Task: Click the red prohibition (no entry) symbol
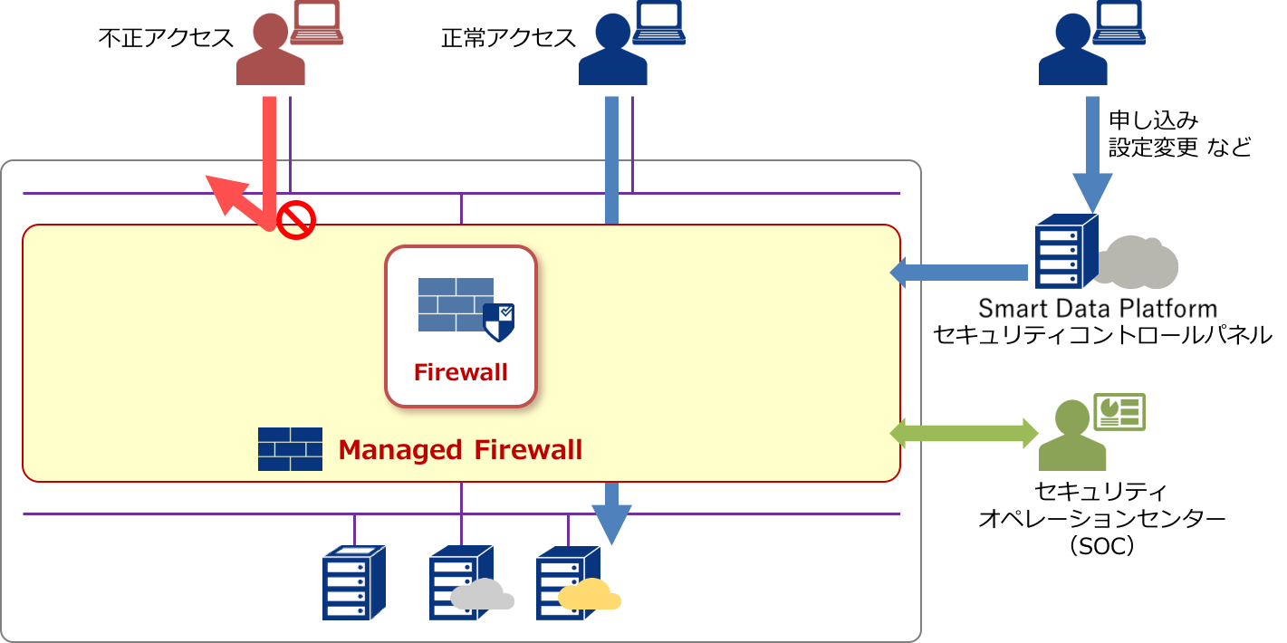click(295, 220)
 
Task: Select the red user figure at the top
click(270, 53)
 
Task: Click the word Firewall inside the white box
click(460, 372)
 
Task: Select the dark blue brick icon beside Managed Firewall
click(290, 449)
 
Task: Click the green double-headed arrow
click(964, 433)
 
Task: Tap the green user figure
click(1072, 437)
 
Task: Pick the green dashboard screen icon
click(1119, 412)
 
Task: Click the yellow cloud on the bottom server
click(590, 595)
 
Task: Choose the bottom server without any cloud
click(353, 583)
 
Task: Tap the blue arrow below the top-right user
click(1092, 154)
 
